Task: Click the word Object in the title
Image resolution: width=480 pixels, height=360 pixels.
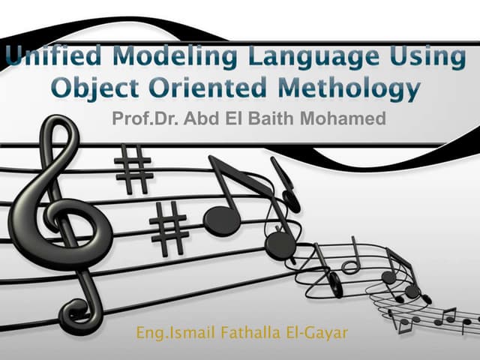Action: coord(93,89)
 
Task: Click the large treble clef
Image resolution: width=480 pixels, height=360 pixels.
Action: coord(60,217)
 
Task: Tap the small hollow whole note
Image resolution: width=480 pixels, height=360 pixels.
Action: coord(350,266)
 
